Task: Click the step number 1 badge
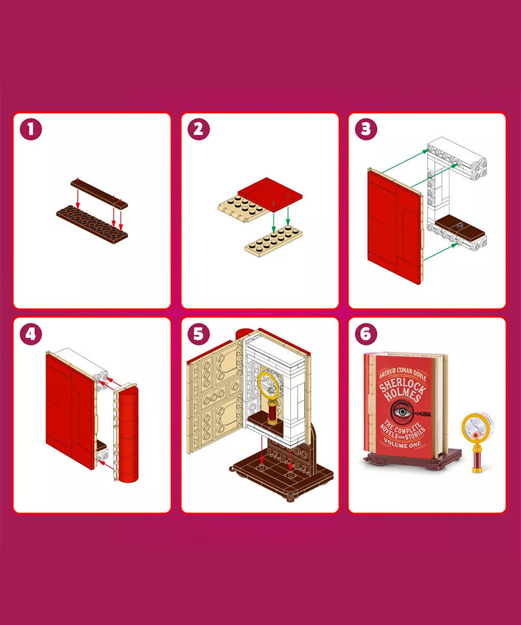[31, 129]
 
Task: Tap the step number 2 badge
[199, 129]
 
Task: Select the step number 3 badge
[366, 129]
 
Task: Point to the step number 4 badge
[31, 334]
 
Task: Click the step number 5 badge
[199, 334]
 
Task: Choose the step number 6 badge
[366, 334]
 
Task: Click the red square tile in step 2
[270, 194]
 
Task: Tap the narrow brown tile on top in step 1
[99, 194]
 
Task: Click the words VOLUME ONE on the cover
[403, 443]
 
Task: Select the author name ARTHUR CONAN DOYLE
[403, 374]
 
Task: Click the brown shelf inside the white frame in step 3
[460, 228]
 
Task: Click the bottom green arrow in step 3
[441, 251]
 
